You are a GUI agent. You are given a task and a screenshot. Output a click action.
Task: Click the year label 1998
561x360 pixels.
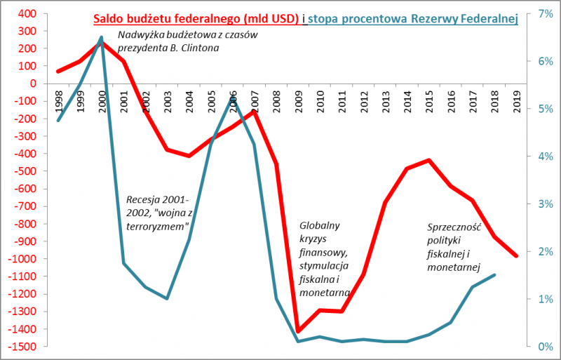59,102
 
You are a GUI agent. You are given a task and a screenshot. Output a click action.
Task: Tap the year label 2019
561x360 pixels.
516,102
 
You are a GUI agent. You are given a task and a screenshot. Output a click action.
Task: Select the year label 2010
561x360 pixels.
320,102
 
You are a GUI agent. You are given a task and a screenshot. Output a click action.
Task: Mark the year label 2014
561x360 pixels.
407,102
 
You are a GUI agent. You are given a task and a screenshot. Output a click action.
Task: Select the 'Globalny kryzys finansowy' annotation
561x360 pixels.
324,258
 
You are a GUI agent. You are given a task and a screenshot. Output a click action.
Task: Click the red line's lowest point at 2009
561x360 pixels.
299,331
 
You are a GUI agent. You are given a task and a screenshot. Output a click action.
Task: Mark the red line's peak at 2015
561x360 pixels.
429,160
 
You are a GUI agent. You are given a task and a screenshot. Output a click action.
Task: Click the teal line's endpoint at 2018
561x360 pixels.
494,274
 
